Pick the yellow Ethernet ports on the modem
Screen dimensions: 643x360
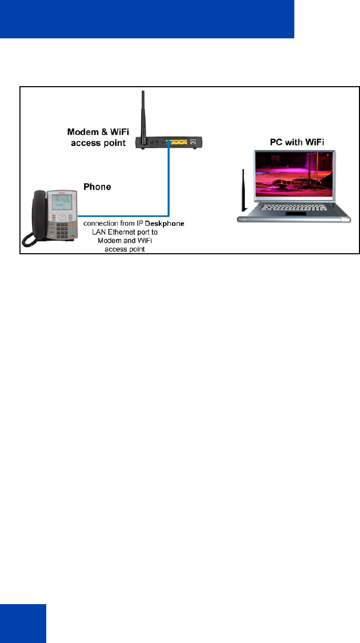[x=176, y=142]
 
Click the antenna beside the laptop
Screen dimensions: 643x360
[x=243, y=190]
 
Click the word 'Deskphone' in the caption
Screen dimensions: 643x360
[x=168, y=225]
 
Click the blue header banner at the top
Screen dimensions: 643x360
[x=147, y=19]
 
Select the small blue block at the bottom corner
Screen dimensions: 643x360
[x=23, y=623]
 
